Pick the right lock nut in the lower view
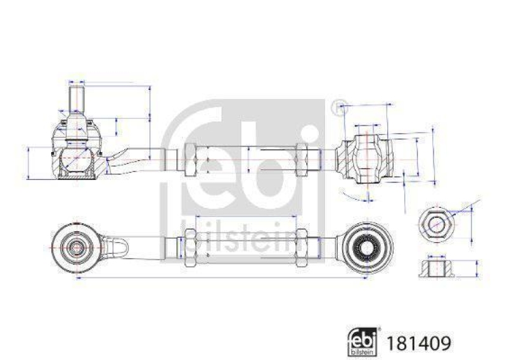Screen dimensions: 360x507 click(x=303, y=245)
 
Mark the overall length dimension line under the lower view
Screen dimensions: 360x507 click(x=222, y=278)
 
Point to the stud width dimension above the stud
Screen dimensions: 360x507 click(x=77, y=82)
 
